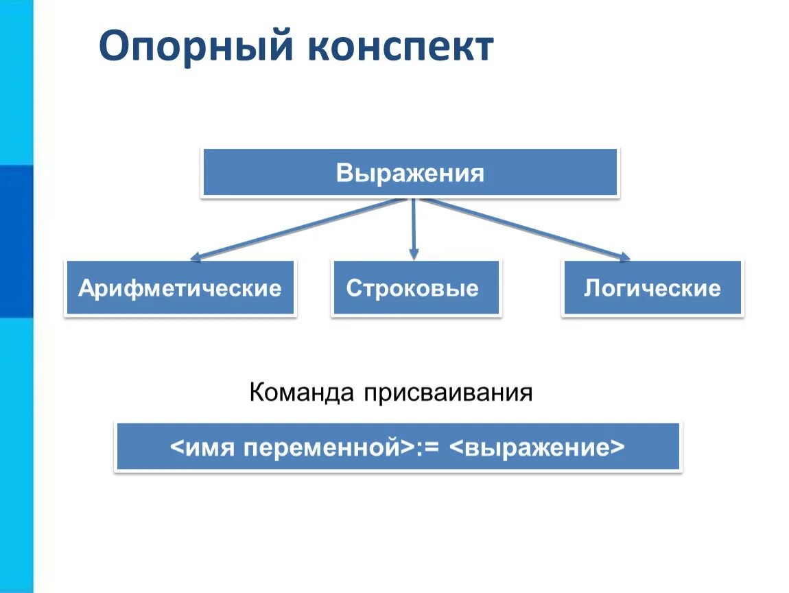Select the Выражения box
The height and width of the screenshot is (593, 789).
tap(410, 173)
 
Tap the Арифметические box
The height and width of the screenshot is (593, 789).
tap(180, 288)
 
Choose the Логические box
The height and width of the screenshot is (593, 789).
tap(652, 288)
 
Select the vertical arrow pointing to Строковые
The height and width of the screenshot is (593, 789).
tap(413, 226)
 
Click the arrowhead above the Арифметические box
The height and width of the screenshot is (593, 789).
tap(196, 258)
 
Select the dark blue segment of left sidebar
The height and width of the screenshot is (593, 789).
tap(16, 240)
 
